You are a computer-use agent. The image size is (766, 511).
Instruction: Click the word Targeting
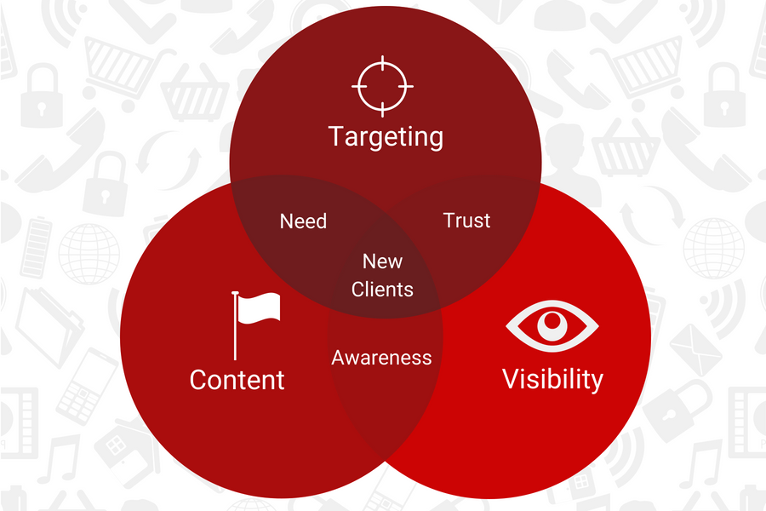click(x=386, y=136)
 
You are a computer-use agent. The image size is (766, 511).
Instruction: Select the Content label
click(x=237, y=379)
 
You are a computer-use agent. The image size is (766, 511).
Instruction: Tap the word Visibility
click(x=552, y=378)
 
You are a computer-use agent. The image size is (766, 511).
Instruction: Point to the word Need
click(x=303, y=221)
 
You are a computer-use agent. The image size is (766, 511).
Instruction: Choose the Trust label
click(x=466, y=221)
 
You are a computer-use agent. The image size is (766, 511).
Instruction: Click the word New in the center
click(x=382, y=261)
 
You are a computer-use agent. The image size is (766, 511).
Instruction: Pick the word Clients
click(x=382, y=290)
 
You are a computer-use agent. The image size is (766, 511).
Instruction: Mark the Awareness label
click(x=381, y=358)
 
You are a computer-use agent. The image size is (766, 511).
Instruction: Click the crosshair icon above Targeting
click(x=382, y=86)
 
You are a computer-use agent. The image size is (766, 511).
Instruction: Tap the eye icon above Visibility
click(x=552, y=324)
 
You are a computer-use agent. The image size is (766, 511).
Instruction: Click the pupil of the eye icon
click(x=553, y=322)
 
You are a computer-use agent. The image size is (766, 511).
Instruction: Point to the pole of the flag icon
click(x=235, y=328)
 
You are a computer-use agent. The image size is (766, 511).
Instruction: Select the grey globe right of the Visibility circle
click(x=713, y=247)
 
